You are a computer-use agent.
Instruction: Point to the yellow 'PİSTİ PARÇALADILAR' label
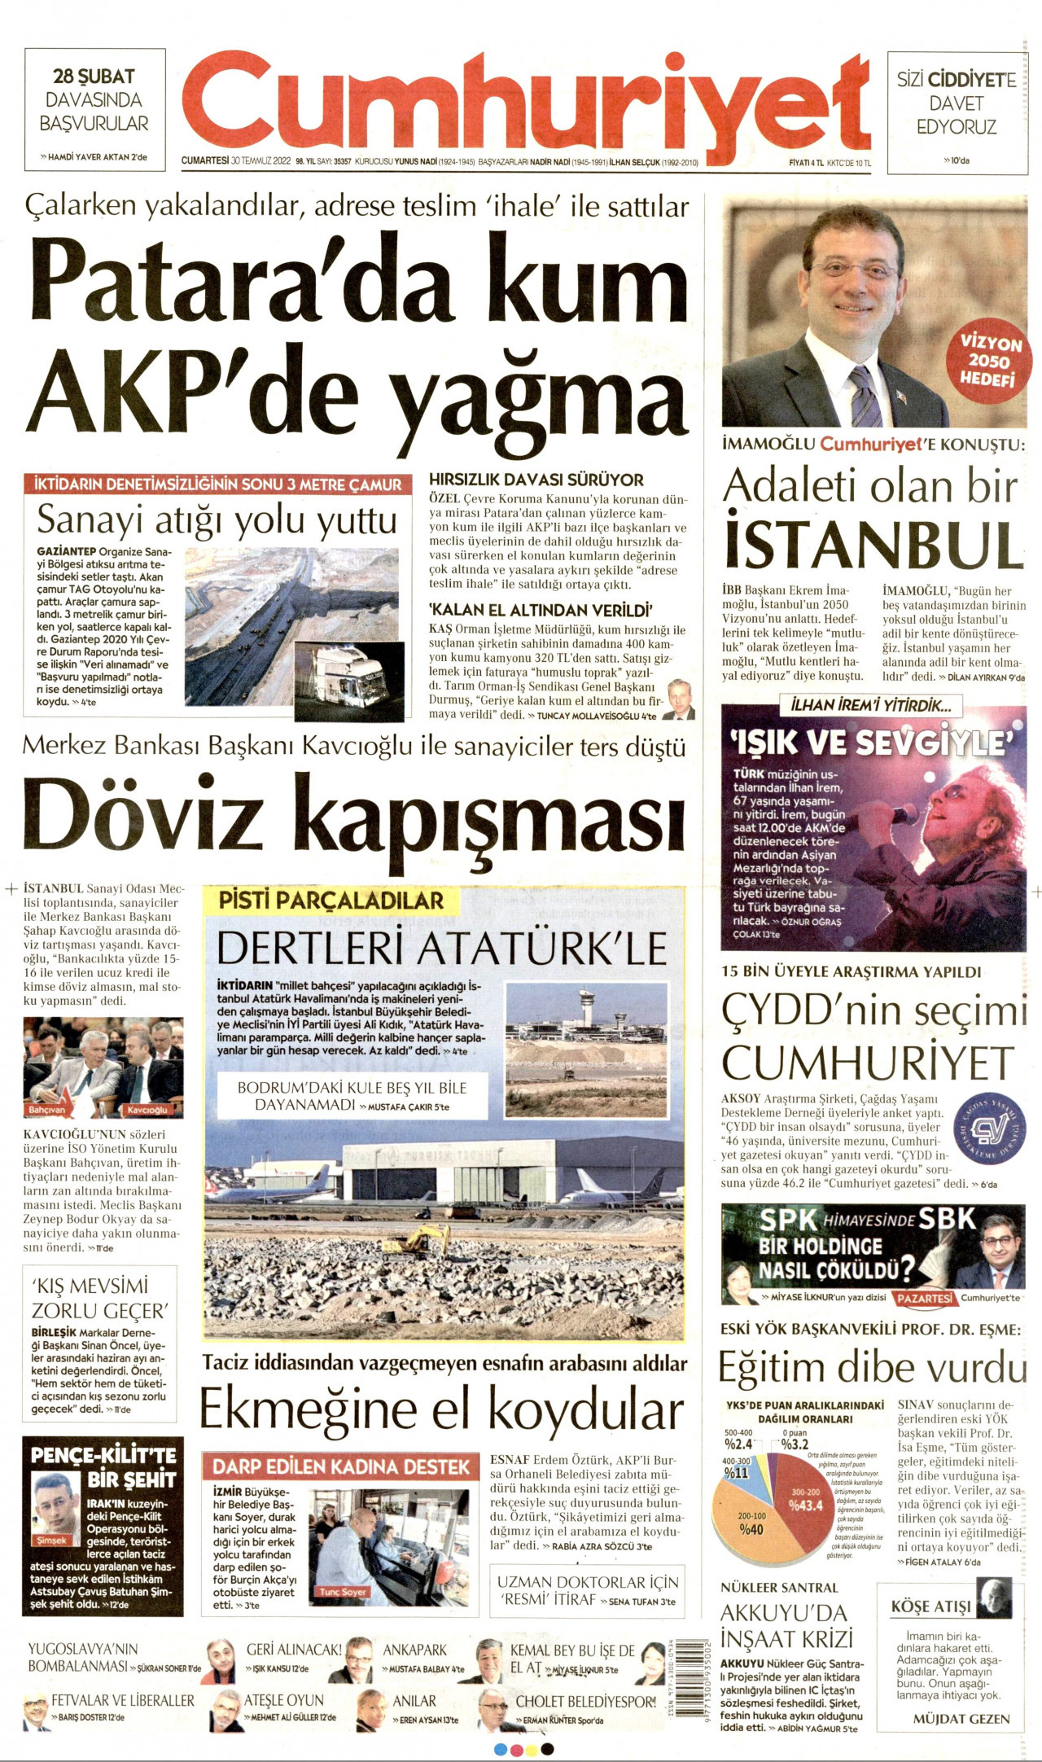coord(331,901)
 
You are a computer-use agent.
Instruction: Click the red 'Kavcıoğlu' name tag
coord(147,1110)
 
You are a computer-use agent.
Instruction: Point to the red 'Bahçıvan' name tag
coord(47,1110)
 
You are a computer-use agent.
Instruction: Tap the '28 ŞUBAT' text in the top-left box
coord(94,77)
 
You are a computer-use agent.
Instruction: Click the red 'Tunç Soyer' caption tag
coord(343,1592)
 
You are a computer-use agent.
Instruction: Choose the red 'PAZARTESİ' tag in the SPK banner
coord(924,1298)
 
